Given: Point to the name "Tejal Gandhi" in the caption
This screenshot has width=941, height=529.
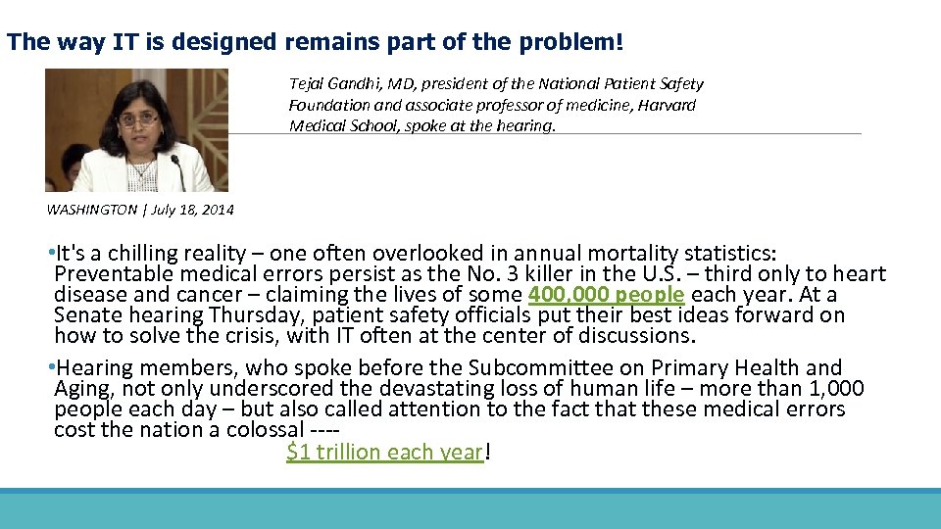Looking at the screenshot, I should (332, 84).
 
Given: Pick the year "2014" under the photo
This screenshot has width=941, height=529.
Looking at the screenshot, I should (220, 210).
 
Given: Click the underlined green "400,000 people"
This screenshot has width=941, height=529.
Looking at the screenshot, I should (606, 295).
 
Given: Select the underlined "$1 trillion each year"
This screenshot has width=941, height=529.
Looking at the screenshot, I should (385, 452).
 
